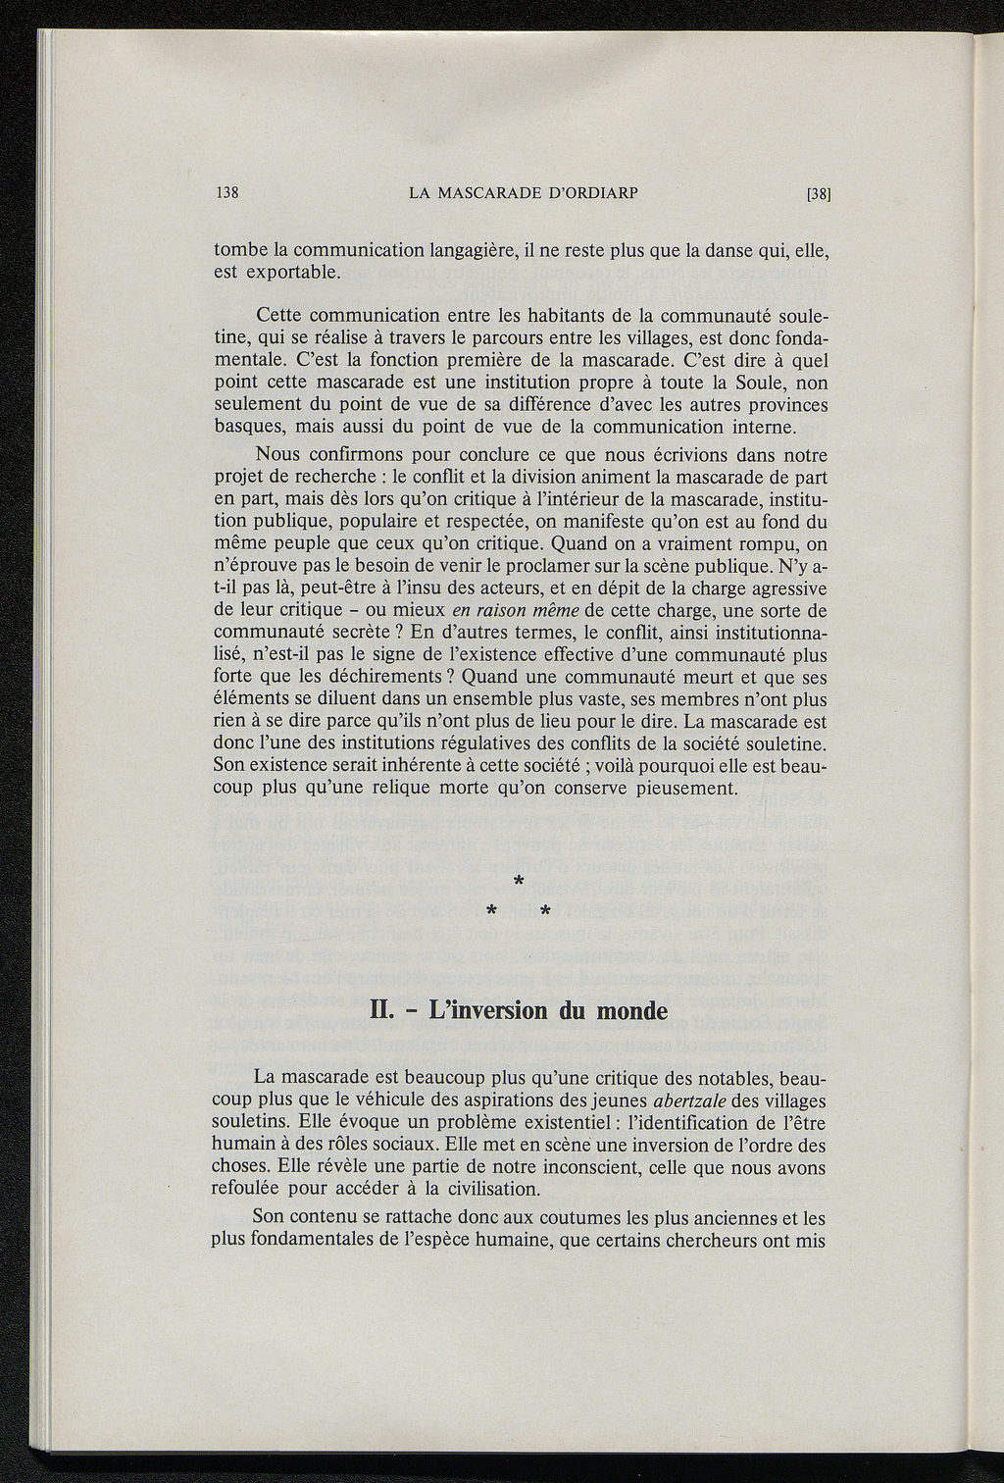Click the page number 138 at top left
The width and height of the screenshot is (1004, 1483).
pos(227,192)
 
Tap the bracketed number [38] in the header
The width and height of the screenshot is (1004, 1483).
pos(818,193)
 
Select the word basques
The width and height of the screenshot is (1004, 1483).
pos(244,428)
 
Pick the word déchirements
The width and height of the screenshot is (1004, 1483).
pos(379,677)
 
